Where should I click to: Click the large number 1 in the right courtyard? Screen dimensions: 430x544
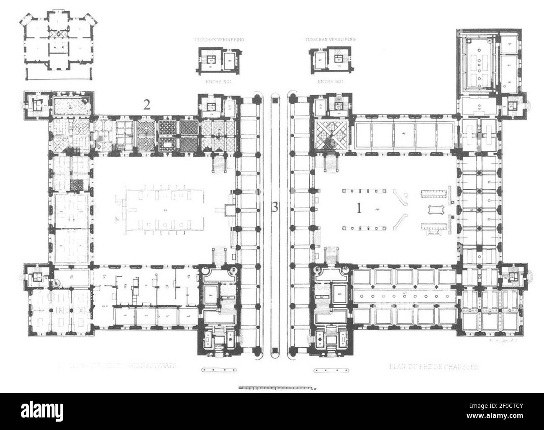tap(358, 208)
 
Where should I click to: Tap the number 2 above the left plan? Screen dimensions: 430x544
tap(146, 106)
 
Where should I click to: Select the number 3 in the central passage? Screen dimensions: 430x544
tap(275, 208)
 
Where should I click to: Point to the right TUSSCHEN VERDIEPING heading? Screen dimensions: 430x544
tap(330, 39)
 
